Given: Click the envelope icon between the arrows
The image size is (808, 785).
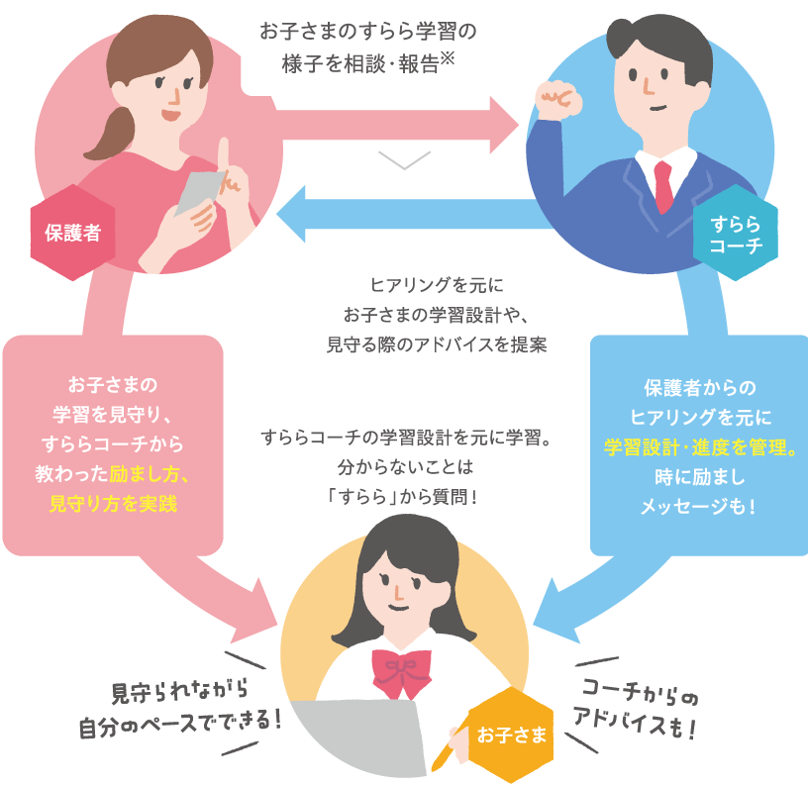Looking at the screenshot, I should coord(404,168).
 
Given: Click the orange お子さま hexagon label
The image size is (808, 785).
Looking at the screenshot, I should coord(511,735).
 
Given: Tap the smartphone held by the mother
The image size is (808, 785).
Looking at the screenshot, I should coord(199,193).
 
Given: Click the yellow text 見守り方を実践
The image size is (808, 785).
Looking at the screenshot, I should coord(113,503).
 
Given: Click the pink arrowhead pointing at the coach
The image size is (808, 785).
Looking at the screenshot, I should coord(506,127).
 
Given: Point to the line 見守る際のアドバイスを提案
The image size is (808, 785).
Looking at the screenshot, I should coord(436,345).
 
